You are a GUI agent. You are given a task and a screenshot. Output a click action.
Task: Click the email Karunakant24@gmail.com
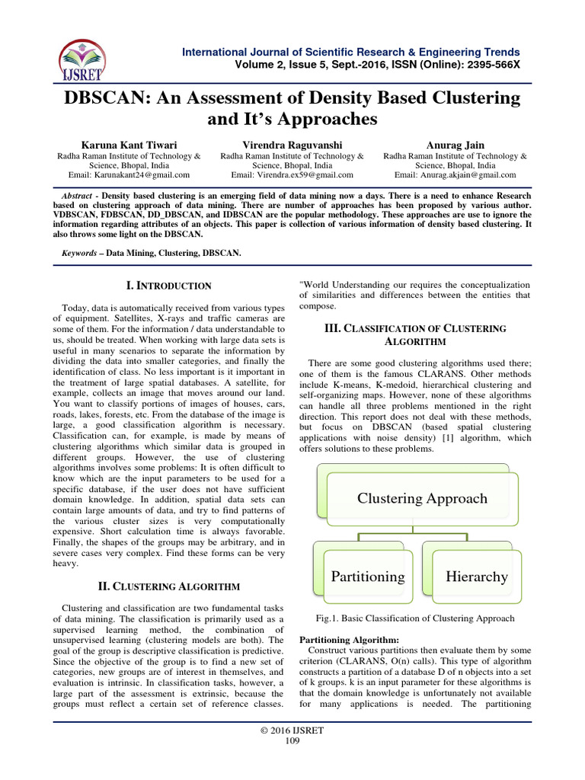[x=129, y=174]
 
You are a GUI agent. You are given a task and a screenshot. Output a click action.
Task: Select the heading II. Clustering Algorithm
[x=170, y=587]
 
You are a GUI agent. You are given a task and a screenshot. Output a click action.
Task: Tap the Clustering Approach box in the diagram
[x=423, y=499]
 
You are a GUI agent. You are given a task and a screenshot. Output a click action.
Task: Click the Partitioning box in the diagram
[x=367, y=577]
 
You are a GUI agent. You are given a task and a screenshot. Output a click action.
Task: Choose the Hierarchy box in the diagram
[x=476, y=577]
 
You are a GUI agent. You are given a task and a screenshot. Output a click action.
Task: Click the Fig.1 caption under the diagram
[x=414, y=619]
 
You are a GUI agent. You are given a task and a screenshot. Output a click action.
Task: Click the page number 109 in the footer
[x=292, y=741]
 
